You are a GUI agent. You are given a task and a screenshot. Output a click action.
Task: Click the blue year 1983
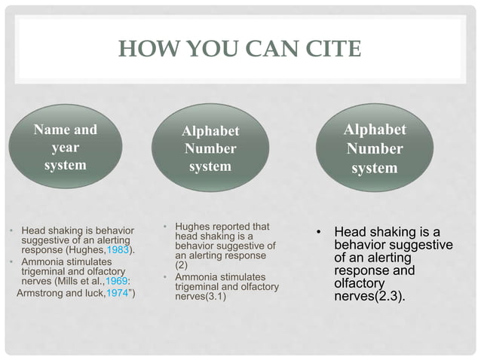point(119,250)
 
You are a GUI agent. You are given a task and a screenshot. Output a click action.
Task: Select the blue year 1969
point(118,282)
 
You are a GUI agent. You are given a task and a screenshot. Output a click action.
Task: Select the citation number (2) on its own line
point(182,265)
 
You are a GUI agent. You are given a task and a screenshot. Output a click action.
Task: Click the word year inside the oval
point(65,147)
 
